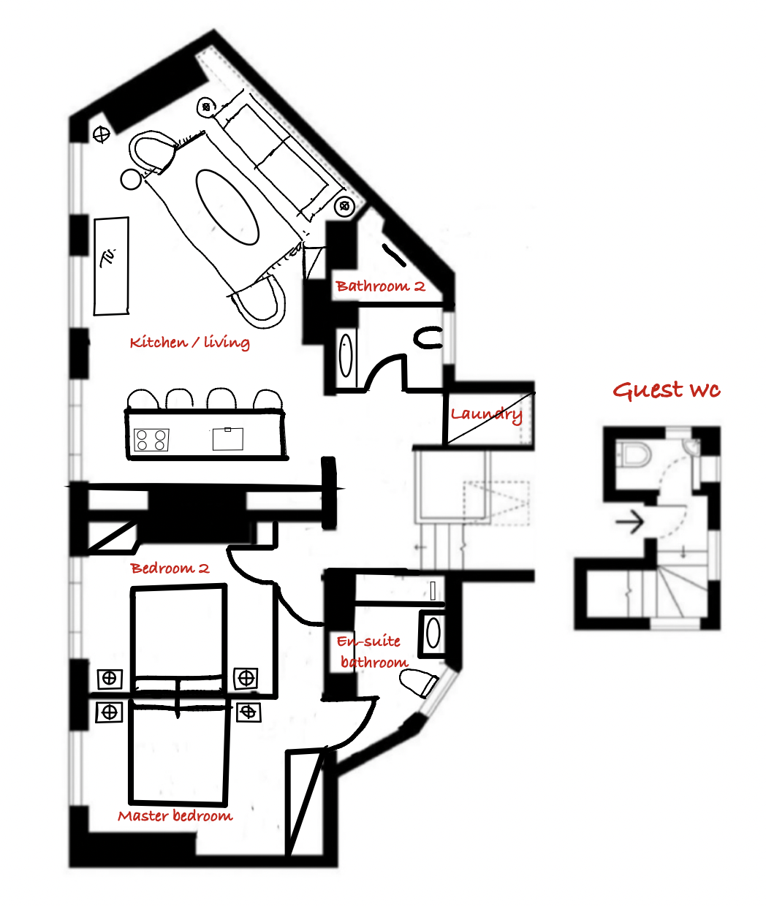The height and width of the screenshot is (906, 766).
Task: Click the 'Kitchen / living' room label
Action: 189,343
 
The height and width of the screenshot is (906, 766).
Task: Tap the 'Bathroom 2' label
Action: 380,286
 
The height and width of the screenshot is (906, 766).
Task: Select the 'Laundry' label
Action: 486,415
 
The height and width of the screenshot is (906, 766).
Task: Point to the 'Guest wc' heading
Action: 666,390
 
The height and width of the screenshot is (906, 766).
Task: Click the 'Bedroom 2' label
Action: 170,568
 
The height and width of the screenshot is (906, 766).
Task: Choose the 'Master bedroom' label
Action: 175,815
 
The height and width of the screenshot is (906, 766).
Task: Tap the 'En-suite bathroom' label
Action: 372,651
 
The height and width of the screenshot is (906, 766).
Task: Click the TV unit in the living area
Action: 111,266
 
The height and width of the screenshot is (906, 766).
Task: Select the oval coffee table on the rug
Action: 227,208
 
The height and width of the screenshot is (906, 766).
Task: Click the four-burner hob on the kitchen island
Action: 151,440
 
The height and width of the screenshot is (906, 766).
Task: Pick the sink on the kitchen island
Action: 228,439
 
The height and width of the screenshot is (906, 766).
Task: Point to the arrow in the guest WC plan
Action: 629,522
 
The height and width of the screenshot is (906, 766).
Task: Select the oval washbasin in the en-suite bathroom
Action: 433,633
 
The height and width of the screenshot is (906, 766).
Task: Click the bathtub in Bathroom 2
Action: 346,356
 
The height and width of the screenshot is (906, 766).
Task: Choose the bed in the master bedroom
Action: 180,752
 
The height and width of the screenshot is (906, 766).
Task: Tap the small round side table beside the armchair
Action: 131,179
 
